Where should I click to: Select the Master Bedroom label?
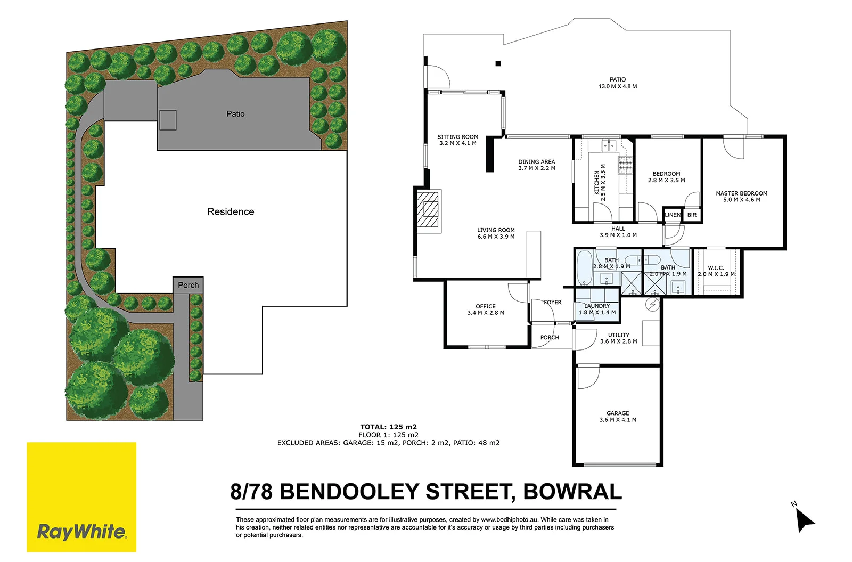pyautogui.click(x=741, y=193)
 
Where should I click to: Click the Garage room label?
pyautogui.click(x=618, y=413)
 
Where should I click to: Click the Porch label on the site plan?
pyautogui.click(x=188, y=286)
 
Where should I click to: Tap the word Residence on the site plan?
pyautogui.click(x=231, y=212)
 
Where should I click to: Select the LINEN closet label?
pyautogui.click(x=673, y=215)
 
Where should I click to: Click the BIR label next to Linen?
pyautogui.click(x=692, y=215)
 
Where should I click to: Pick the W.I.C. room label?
pyautogui.click(x=716, y=268)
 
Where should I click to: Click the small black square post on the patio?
pyautogui.click(x=498, y=64)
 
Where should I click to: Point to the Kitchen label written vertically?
pyautogui.click(x=596, y=182)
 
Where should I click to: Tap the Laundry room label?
pyautogui.click(x=597, y=306)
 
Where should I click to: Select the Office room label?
pyautogui.click(x=485, y=306)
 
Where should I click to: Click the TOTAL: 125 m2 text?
pyautogui.click(x=388, y=427)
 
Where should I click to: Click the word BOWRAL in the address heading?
pyautogui.click(x=572, y=492)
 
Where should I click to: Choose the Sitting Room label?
pyautogui.click(x=457, y=137)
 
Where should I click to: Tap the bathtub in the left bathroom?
pyautogui.click(x=584, y=268)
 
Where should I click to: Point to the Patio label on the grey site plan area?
pyautogui.click(x=235, y=114)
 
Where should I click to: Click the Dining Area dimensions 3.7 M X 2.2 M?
pyautogui.click(x=536, y=168)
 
